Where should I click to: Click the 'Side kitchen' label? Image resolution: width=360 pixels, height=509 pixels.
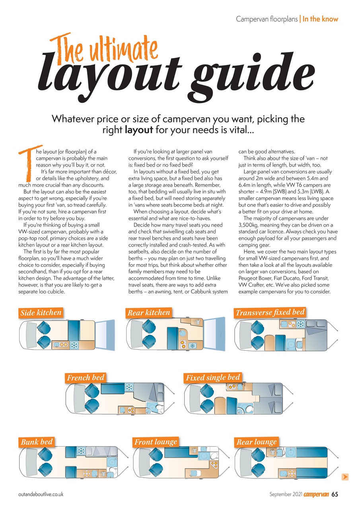pyautogui.click(x=41, y=313)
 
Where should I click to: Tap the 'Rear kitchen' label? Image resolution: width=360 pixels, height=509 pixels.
pyautogui.click(x=149, y=313)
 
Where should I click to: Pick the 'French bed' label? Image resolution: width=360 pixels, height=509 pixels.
pyautogui.click(x=86, y=377)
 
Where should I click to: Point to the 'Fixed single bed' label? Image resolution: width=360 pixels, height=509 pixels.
pyautogui.click(x=213, y=377)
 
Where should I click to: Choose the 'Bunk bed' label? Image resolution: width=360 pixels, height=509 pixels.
pyautogui.click(x=37, y=442)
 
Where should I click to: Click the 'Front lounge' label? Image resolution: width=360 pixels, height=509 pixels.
pyautogui.click(x=156, y=442)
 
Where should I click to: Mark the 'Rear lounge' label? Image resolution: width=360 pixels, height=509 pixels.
pyautogui.click(x=257, y=442)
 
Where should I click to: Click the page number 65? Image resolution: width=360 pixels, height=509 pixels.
pyautogui.click(x=335, y=494)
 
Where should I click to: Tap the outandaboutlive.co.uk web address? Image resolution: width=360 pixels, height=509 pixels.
pyautogui.click(x=41, y=494)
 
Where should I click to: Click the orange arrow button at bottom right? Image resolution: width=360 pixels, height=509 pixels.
pyautogui.click(x=345, y=476)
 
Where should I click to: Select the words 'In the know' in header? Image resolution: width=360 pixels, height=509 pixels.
pyautogui.click(x=321, y=19)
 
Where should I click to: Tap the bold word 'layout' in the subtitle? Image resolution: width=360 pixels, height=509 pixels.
pyautogui.click(x=139, y=130)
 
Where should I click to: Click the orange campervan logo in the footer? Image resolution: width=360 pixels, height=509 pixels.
pyautogui.click(x=316, y=494)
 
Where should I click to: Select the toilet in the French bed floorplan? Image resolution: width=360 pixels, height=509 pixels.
pyautogui.click(x=159, y=408)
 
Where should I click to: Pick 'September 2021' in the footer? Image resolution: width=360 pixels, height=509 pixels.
pyautogui.click(x=286, y=494)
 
